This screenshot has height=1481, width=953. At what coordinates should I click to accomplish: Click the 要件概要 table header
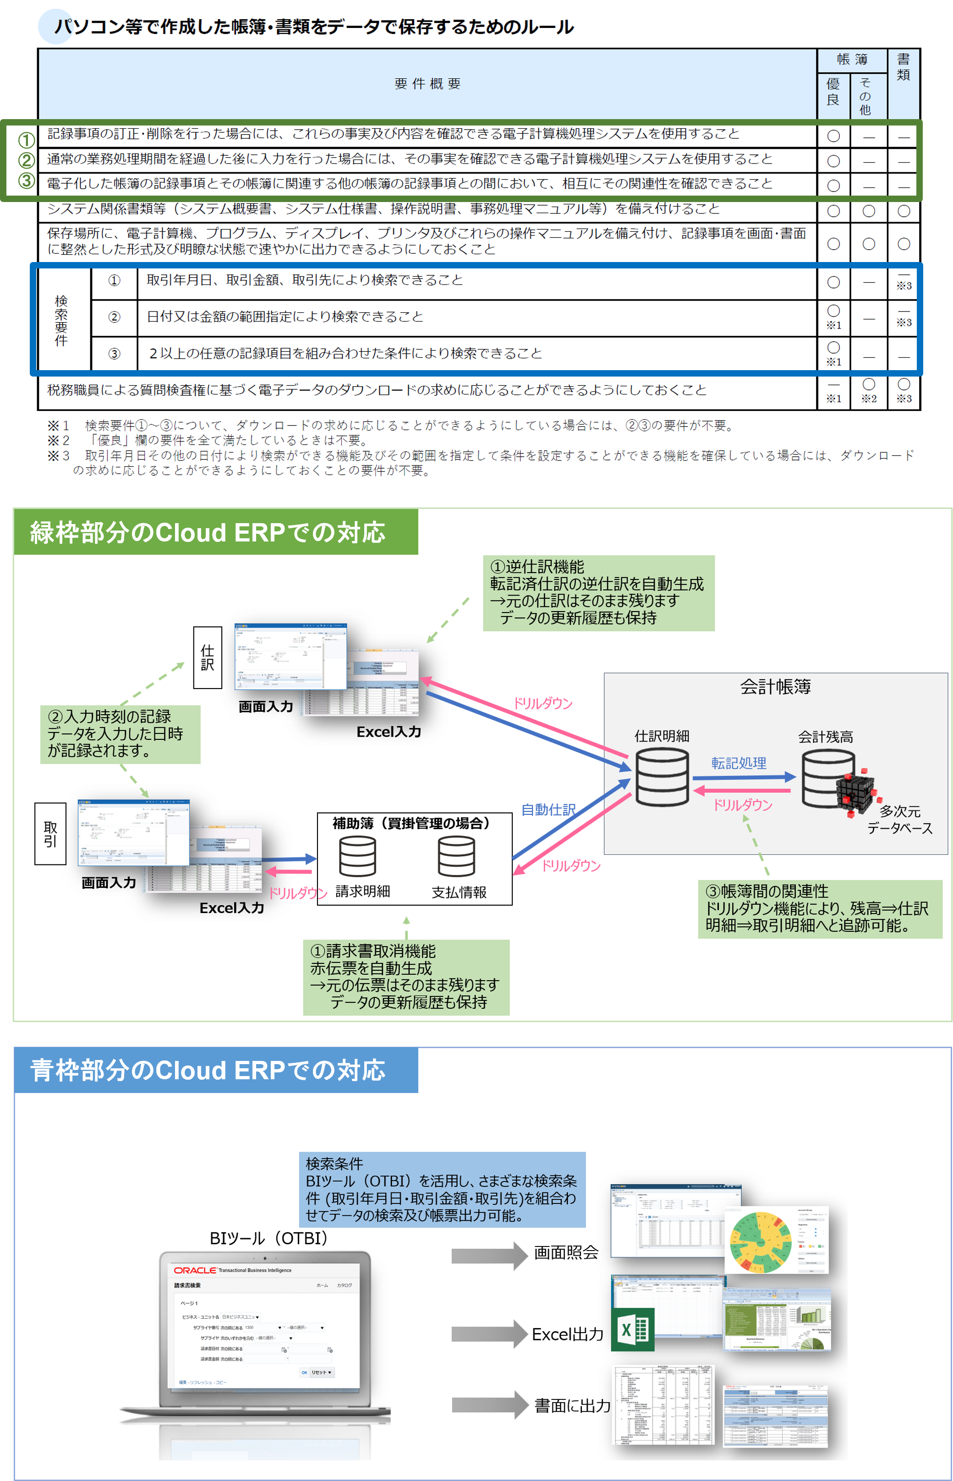(x=427, y=83)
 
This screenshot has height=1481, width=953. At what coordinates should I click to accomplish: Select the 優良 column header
(x=833, y=92)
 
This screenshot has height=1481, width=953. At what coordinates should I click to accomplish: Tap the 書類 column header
(x=903, y=67)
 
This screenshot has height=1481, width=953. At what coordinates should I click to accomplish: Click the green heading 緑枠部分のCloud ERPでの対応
(x=207, y=532)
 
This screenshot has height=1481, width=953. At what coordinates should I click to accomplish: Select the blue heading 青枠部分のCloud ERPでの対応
(x=207, y=1070)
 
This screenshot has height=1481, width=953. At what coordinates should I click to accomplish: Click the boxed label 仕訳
(x=207, y=657)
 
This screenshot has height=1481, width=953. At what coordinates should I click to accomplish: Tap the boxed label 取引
(x=50, y=833)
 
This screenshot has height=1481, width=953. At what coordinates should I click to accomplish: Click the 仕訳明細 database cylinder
(x=662, y=776)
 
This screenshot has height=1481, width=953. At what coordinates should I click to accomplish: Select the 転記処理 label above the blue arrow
(x=738, y=763)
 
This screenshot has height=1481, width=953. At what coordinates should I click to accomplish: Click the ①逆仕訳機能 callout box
(x=598, y=592)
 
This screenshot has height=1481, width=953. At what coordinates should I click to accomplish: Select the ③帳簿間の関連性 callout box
(x=819, y=908)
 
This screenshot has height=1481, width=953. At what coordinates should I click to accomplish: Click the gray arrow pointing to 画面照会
(x=488, y=1255)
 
